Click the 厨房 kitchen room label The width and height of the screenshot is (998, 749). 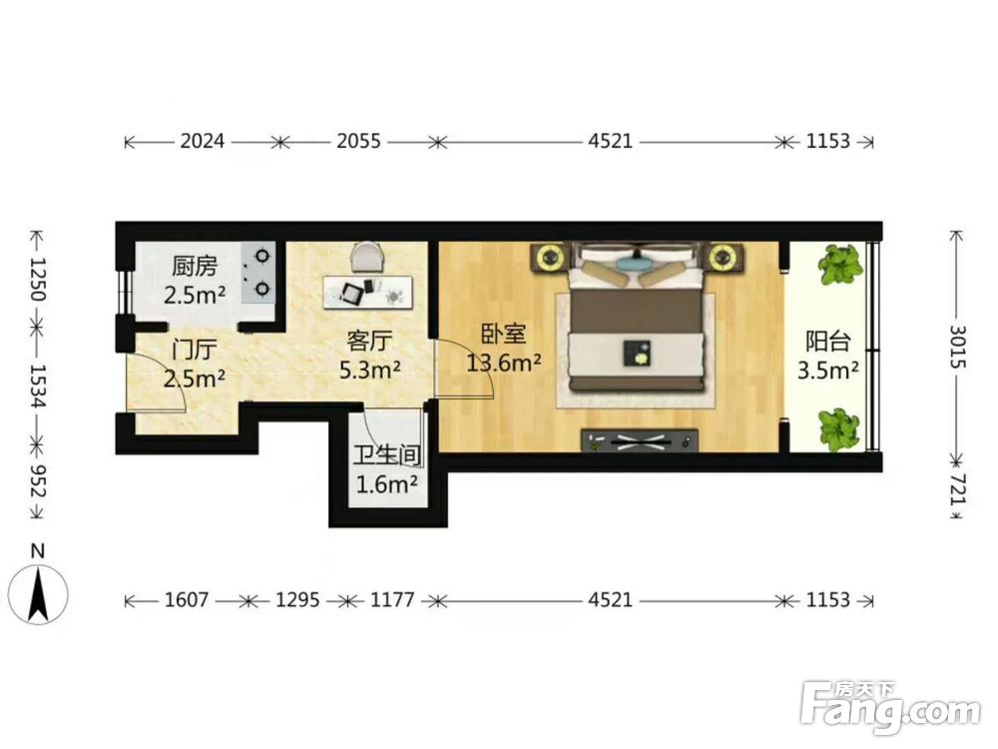point(195,267)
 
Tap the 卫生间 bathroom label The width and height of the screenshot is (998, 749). point(387,456)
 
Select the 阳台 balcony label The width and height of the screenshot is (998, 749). point(828,342)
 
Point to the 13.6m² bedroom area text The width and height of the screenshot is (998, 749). point(504,364)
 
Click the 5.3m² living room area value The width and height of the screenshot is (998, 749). point(370,370)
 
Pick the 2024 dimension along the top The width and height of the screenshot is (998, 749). point(203,141)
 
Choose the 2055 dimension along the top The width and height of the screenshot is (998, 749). point(358,141)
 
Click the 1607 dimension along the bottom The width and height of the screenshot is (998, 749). point(187,600)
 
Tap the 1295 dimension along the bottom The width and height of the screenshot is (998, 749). point(297,600)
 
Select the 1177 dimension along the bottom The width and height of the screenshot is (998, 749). point(392,600)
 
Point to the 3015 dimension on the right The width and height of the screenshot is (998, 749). point(958,347)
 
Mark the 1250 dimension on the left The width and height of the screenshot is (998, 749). point(38,279)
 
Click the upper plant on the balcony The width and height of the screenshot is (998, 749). point(841,264)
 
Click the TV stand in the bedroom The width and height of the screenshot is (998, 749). point(639,440)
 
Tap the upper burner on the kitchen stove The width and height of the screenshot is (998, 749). point(261,256)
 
